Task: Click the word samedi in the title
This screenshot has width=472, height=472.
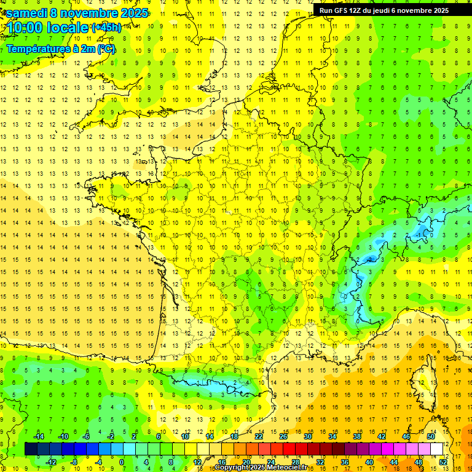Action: [27, 13]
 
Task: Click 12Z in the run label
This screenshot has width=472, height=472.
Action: [359, 10]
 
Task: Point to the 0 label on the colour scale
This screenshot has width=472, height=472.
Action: [122, 462]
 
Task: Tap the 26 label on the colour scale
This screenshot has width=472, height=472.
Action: [283, 436]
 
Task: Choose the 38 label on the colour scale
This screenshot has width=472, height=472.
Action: [357, 436]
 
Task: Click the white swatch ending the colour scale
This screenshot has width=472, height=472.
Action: [437, 449]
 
